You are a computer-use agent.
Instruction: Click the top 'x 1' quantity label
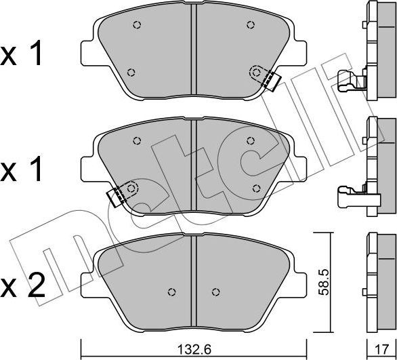click(x=24, y=54)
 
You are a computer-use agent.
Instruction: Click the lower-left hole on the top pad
click(x=131, y=73)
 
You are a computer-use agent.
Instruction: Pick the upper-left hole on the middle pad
click(x=137, y=142)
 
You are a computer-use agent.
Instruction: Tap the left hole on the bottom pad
click(x=171, y=293)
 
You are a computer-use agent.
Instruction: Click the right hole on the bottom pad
click(x=215, y=293)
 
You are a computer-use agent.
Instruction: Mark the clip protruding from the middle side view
click(x=350, y=196)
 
